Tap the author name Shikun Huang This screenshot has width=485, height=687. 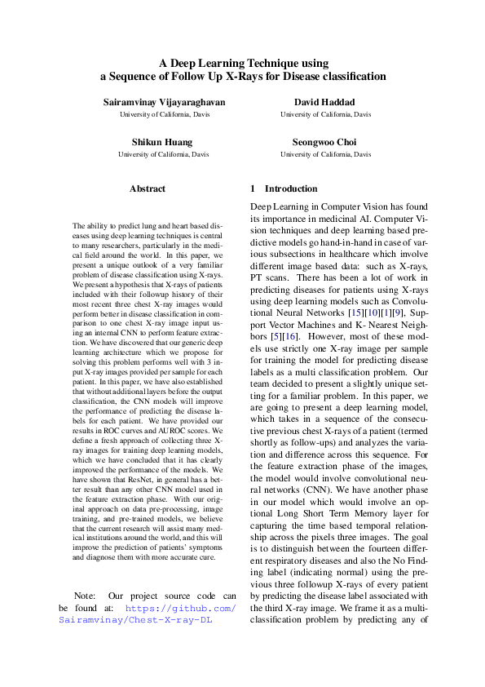coord(153,142)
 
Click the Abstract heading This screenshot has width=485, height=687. coord(147,188)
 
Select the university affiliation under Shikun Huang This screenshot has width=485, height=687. coord(153,154)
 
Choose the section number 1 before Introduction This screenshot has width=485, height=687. coord(253,188)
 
